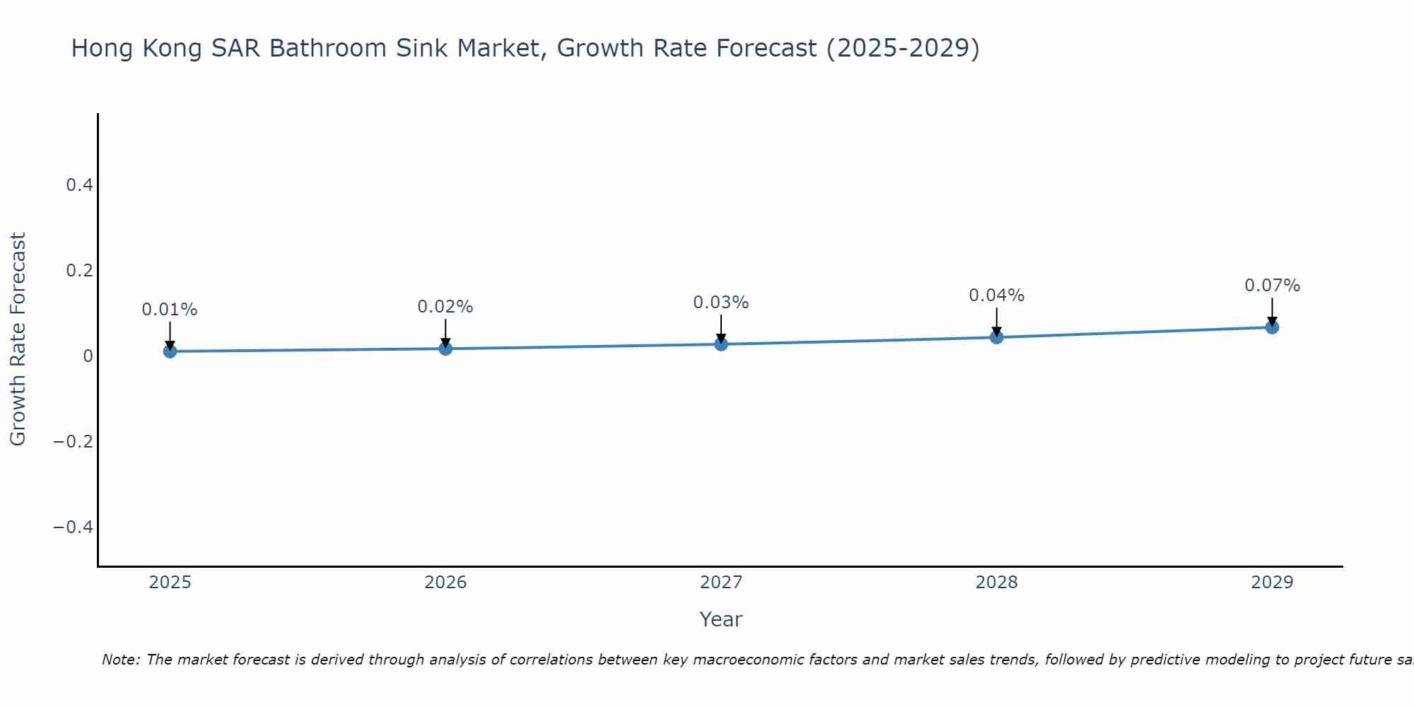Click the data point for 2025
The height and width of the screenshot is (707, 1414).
pyautogui.click(x=170, y=351)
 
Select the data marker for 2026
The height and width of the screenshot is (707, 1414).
pyautogui.click(x=445, y=349)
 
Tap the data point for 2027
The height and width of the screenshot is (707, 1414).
pyautogui.click(x=721, y=344)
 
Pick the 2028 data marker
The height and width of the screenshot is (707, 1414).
pyautogui.click(x=997, y=337)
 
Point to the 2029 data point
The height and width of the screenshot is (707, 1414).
pyautogui.click(x=1272, y=327)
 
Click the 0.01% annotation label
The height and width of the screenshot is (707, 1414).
pyautogui.click(x=170, y=310)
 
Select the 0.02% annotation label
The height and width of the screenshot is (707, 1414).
pyautogui.click(x=445, y=307)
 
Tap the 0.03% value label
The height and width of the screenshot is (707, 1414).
pyautogui.click(x=721, y=303)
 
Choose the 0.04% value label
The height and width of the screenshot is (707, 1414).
pyautogui.click(x=997, y=296)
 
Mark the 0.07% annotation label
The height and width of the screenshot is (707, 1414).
pyautogui.click(x=1272, y=286)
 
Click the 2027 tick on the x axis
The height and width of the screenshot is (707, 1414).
pyautogui.click(x=721, y=583)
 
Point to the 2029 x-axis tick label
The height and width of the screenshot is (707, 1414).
pyautogui.click(x=1272, y=583)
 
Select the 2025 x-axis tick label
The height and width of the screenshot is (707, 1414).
pyautogui.click(x=170, y=583)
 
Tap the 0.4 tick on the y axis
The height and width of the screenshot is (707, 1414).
pyautogui.click(x=79, y=185)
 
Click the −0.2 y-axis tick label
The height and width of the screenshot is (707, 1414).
pyautogui.click(x=73, y=442)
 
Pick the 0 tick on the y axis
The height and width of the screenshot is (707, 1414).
pyautogui.click(x=88, y=356)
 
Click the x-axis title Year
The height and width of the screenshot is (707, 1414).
pyautogui.click(x=720, y=620)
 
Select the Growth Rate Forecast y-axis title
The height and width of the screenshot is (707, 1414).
pyautogui.click(x=18, y=339)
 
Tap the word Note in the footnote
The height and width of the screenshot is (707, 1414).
pyautogui.click(x=120, y=660)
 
